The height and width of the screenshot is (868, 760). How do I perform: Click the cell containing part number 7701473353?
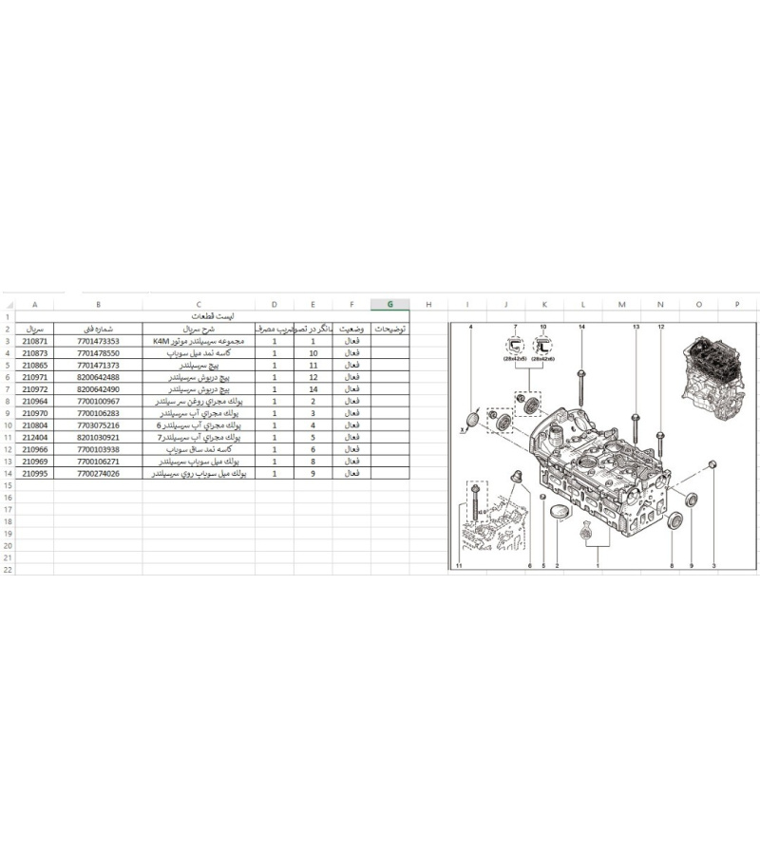(98, 340)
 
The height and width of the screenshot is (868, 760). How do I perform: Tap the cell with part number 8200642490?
(98, 389)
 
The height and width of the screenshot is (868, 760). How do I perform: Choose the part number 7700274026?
(98, 473)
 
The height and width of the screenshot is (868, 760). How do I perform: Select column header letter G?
(389, 304)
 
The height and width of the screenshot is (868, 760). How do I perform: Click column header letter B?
(98, 304)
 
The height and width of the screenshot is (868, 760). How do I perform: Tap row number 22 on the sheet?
(8, 570)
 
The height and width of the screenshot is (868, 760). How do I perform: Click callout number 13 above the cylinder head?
(636, 327)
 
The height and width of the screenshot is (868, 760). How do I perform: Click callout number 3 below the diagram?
(712, 566)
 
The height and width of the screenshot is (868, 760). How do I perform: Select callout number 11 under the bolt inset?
(458, 566)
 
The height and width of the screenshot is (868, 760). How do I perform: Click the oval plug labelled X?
(472, 420)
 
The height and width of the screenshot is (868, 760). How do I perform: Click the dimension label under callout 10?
(544, 360)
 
